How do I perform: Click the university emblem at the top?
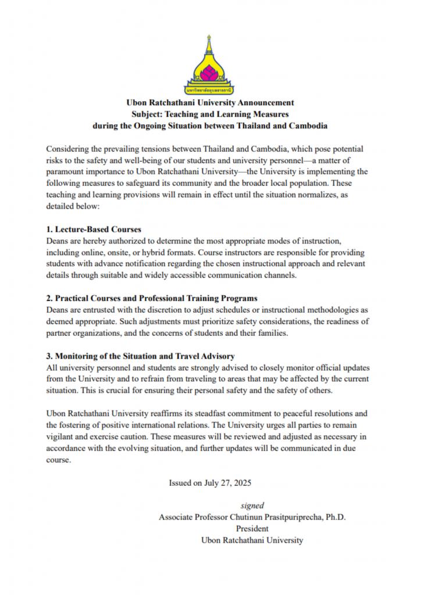(x=210, y=64)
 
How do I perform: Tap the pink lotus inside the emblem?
(x=210, y=73)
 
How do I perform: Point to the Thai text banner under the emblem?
(x=210, y=91)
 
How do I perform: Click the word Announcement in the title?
(x=267, y=103)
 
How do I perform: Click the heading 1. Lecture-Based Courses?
(x=93, y=229)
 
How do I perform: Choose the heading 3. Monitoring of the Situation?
(x=140, y=356)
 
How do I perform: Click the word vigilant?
(x=61, y=437)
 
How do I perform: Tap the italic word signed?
(x=252, y=506)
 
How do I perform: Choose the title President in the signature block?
(x=252, y=529)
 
